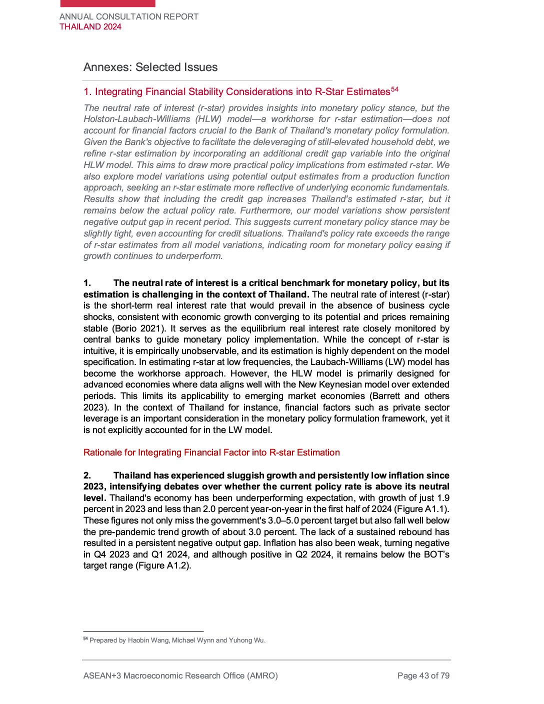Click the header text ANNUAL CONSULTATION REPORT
pos(129,16)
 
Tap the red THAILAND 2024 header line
pos(90,27)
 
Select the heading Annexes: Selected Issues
pos(150,67)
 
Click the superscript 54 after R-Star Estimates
pos(394,89)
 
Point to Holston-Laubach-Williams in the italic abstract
pos(137,119)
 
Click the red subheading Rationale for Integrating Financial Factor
pos(211,452)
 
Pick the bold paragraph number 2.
pos(87,475)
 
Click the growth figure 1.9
pos(443,498)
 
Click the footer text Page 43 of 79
pos(423,676)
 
